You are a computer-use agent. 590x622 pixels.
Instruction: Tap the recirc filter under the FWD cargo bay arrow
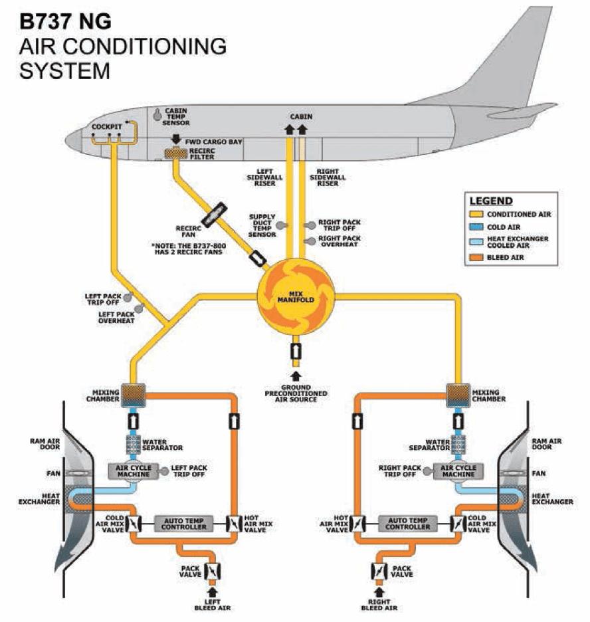pos(176,154)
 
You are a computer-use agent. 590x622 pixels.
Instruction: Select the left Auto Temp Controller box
pos(180,523)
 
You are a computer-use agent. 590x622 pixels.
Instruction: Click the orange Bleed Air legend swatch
pos(476,257)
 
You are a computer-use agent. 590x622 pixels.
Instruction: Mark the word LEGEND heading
pos(491,201)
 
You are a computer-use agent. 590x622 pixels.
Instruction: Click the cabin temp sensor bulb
pos(157,115)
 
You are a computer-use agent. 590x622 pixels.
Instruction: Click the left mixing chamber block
pos(134,393)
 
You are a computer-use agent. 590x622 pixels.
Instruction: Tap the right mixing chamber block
pos(458,393)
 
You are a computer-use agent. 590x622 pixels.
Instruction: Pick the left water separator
pos(134,445)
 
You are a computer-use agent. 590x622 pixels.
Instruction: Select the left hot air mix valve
pos(233,523)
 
